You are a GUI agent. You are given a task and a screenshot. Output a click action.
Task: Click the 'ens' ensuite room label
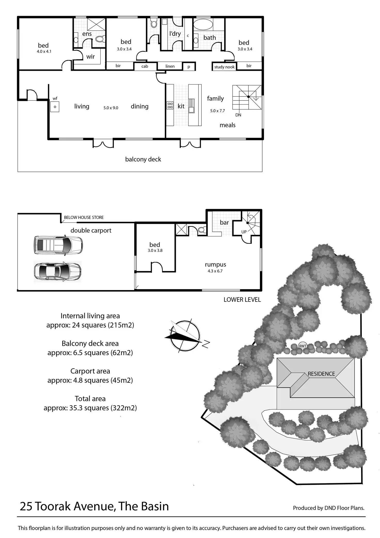coord(87,34)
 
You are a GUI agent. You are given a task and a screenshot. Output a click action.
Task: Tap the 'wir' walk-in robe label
coord(90,57)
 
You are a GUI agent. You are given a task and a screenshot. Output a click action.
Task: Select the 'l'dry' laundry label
coord(175,34)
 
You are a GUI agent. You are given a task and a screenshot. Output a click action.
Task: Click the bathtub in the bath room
coord(203,25)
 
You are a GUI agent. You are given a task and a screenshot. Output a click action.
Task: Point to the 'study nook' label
coord(224,67)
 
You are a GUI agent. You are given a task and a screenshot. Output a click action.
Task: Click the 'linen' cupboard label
coord(170,66)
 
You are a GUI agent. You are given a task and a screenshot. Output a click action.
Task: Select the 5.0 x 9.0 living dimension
coord(111,108)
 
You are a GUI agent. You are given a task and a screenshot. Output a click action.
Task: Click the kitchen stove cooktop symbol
coord(170,105)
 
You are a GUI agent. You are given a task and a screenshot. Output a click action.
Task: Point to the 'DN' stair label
coord(238,115)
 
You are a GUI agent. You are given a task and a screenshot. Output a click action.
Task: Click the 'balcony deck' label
coord(143,159)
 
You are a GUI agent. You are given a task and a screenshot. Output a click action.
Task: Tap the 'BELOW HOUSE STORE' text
coord(84,218)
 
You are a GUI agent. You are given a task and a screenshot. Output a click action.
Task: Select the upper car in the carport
coord(58,245)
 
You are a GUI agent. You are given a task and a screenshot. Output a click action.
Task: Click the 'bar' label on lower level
coord(224,222)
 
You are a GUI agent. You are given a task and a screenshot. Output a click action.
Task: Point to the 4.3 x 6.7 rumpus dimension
coord(215,271)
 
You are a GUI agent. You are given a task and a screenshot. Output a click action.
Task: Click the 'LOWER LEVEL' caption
coord(242,300)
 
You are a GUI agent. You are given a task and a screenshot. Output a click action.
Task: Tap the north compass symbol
coord(185,336)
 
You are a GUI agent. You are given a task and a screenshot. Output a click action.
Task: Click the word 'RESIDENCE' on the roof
coord(321,374)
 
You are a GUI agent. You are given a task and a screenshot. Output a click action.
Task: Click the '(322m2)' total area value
coord(123,408)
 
